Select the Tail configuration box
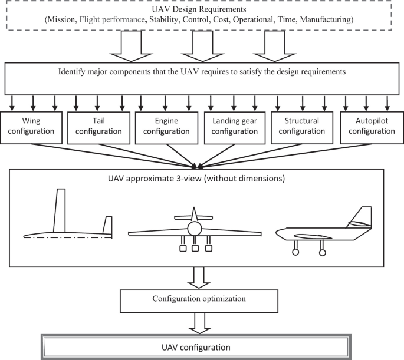click(99, 126)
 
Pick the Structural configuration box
click(302, 126)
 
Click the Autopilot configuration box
click(369, 126)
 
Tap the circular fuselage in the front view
click(195, 228)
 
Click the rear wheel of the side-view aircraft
click(322, 253)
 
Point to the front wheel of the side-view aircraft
click(295, 253)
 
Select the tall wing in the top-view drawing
click(60, 210)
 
